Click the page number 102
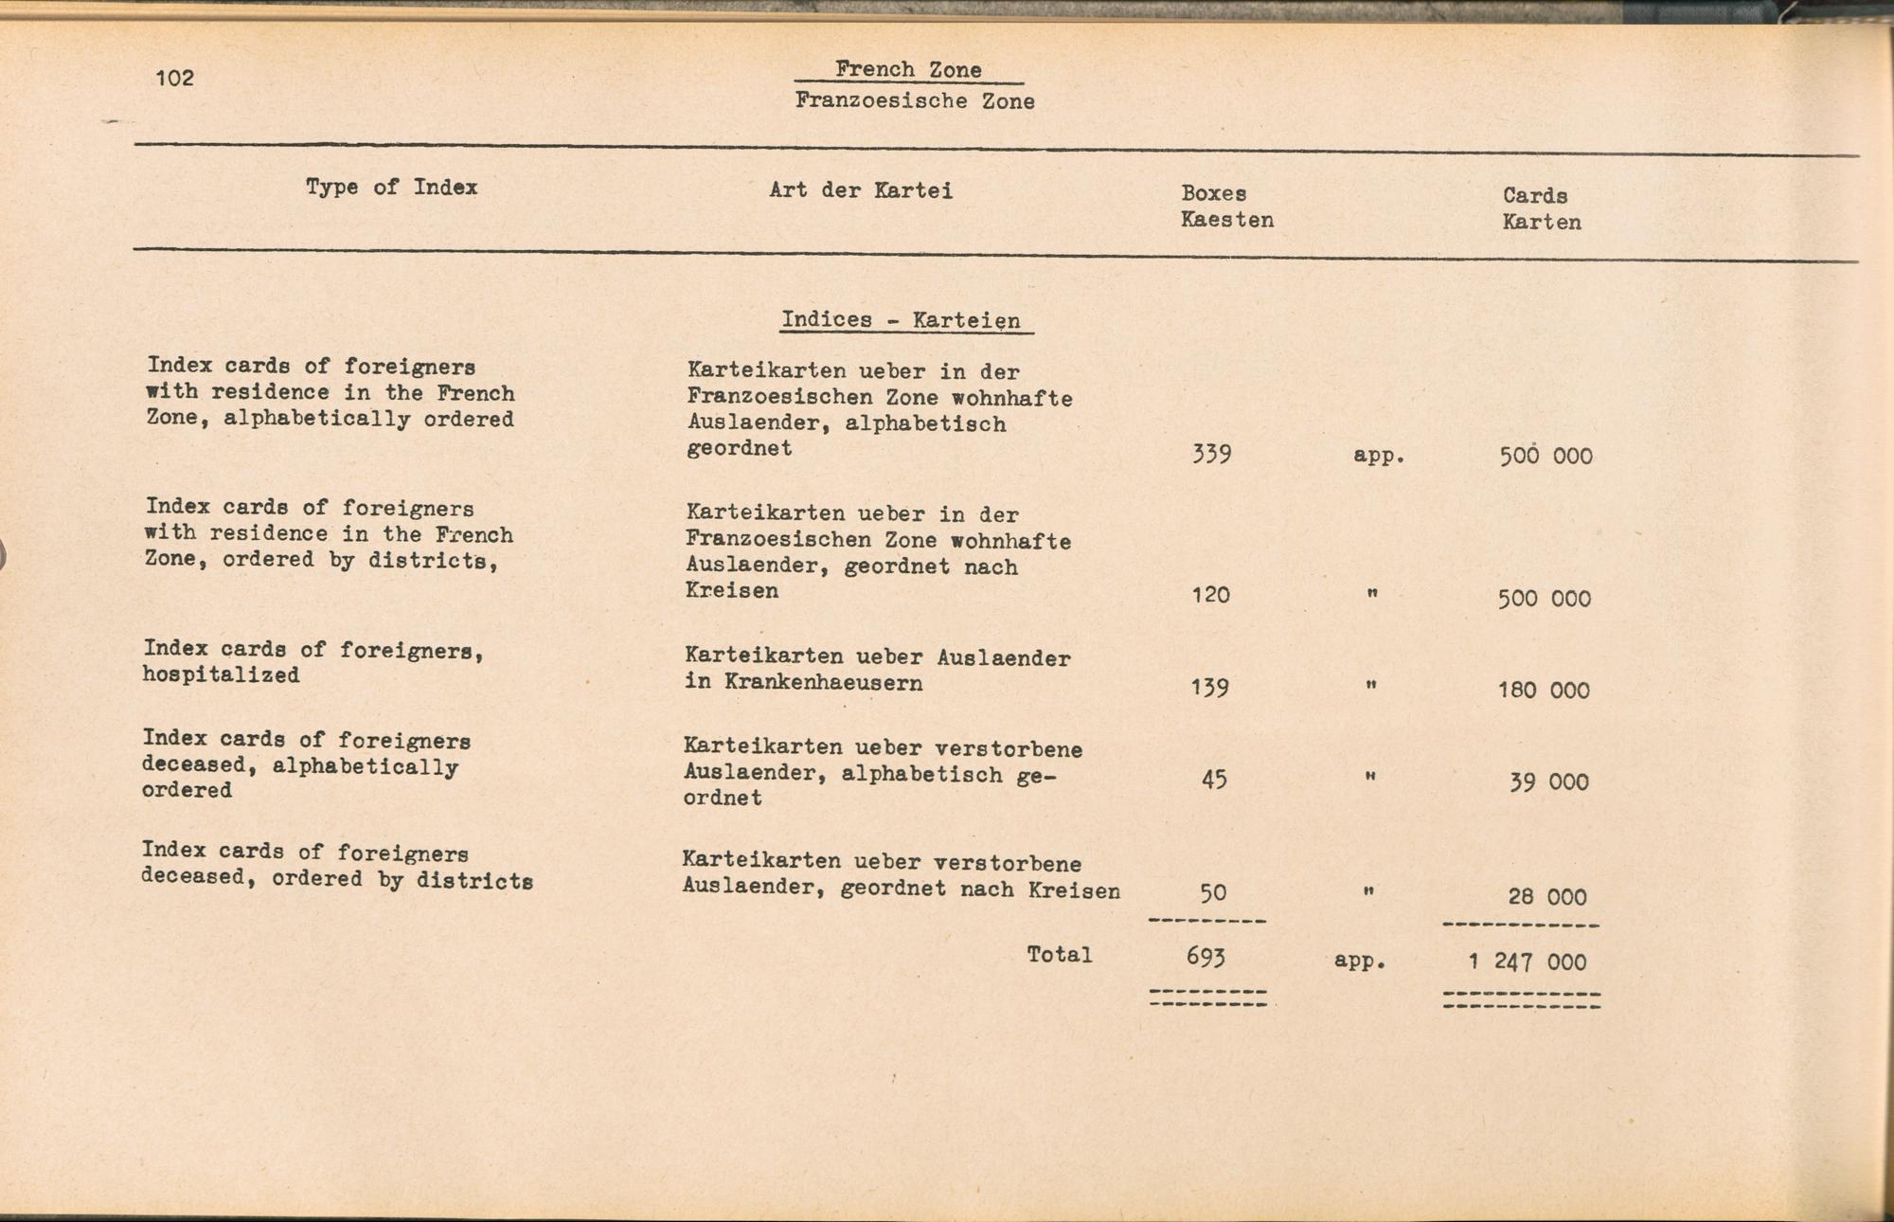coord(175,78)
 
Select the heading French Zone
coord(908,69)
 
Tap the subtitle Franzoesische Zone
coord(915,100)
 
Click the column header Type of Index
coord(391,187)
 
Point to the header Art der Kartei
coord(861,190)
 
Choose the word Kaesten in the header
coord(1226,220)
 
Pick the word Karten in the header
coord(1542,223)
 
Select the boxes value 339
coord(1211,455)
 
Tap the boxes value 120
coord(1210,595)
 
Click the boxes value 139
coord(1209,687)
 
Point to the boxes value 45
coord(1213,780)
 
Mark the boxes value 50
coord(1213,892)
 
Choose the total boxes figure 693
coord(1206,957)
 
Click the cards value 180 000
coord(1544,691)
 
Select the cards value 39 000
coord(1548,782)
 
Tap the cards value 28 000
coord(1547,896)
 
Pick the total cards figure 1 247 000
coord(1527,962)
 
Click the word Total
coord(1059,955)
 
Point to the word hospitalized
coord(221,675)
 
